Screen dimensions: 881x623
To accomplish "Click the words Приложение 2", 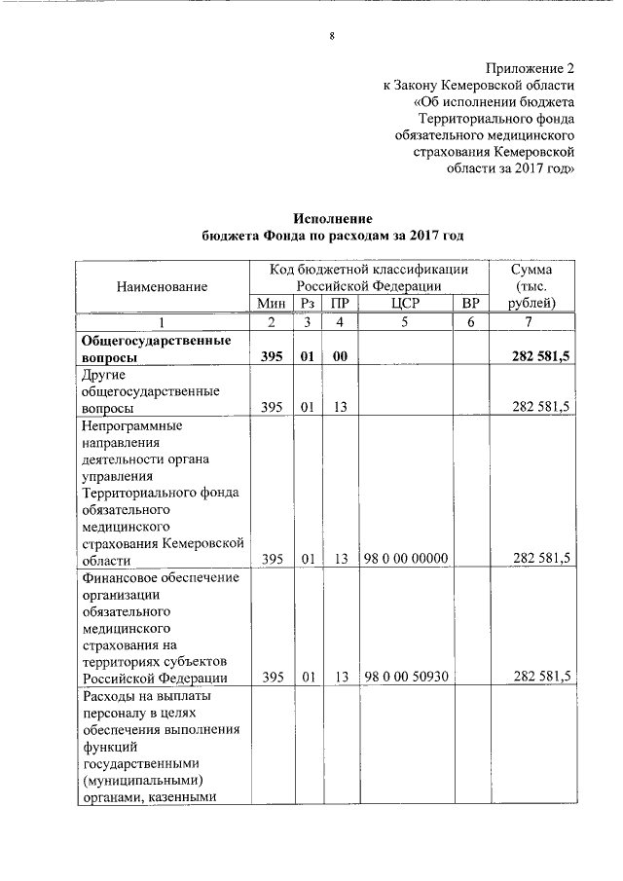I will [x=530, y=68].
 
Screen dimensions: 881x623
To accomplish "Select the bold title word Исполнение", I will [x=333, y=219].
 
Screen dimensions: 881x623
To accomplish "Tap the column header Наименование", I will [x=163, y=286].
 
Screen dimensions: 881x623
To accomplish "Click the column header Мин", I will [x=273, y=304].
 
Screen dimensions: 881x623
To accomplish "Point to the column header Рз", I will [x=307, y=304].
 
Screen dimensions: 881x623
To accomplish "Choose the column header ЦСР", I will [x=406, y=304].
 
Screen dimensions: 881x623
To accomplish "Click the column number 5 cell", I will [x=406, y=322].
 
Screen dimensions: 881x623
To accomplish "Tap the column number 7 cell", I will [x=529, y=322].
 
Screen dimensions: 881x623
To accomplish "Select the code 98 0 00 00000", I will [x=406, y=558].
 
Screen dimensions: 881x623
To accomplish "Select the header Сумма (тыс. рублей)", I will [x=529, y=286].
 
